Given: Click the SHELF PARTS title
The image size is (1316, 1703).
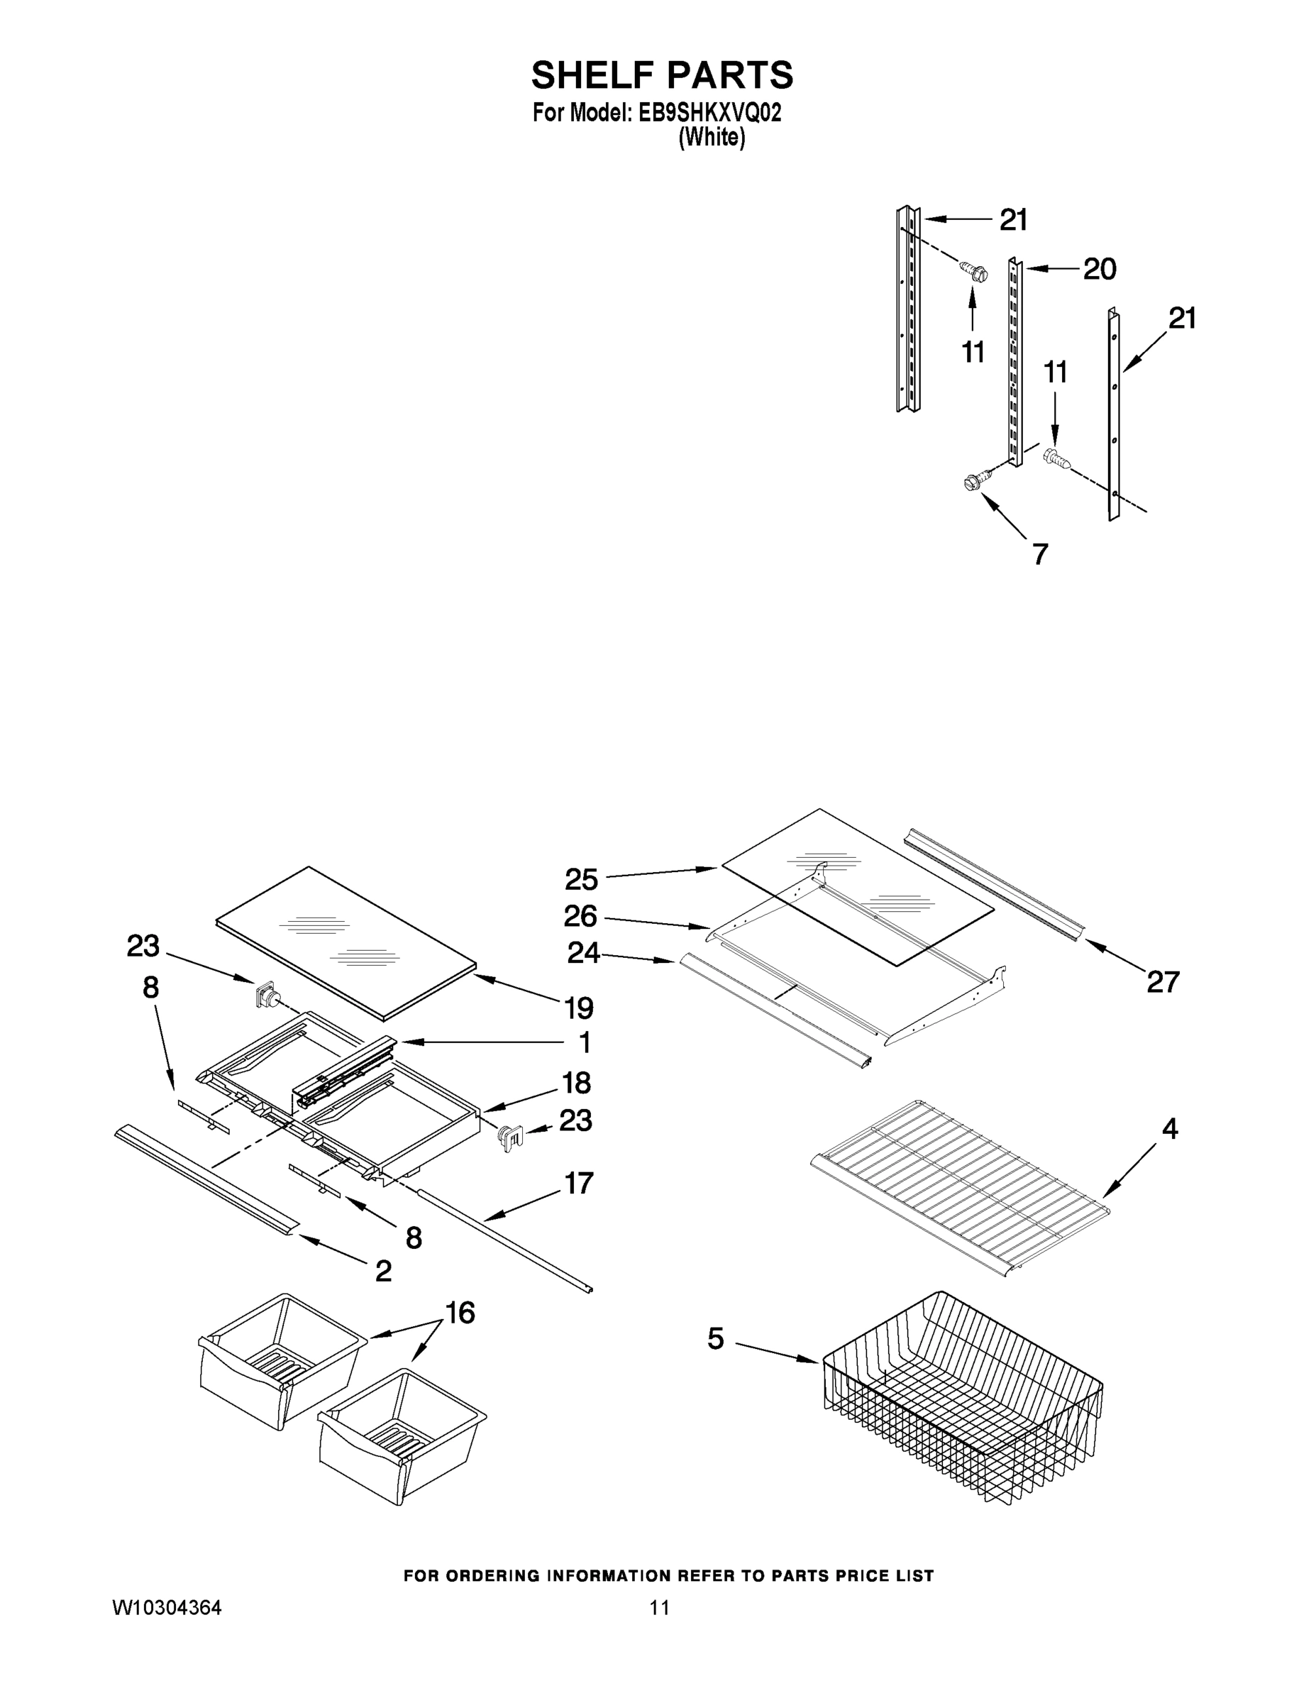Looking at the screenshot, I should (662, 75).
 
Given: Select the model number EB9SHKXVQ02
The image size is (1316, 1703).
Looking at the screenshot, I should (709, 114).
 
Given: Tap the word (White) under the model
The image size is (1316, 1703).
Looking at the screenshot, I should (712, 138).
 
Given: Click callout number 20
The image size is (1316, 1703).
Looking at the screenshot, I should (1099, 269).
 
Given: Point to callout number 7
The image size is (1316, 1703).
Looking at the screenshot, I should (1040, 553).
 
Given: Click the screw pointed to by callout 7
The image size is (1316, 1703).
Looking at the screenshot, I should (973, 483).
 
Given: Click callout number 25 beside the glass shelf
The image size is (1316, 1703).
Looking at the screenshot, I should (581, 880).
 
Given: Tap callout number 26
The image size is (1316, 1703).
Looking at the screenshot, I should (581, 916).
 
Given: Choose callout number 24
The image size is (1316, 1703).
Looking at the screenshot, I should (583, 952).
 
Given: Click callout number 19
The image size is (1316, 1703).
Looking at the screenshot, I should (578, 1008).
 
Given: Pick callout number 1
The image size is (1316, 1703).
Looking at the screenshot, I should (585, 1042).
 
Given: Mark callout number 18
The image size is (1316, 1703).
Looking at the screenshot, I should (577, 1082).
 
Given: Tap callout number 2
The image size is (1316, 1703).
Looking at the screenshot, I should (383, 1272).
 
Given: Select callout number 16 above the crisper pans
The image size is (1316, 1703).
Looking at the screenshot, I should (460, 1313).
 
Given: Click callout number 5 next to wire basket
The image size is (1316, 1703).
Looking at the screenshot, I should (716, 1340).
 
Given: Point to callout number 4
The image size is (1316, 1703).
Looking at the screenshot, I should (1169, 1128).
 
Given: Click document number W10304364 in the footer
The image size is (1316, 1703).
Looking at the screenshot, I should (167, 1608).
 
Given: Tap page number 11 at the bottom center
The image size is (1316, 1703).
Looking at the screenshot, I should (660, 1608).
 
